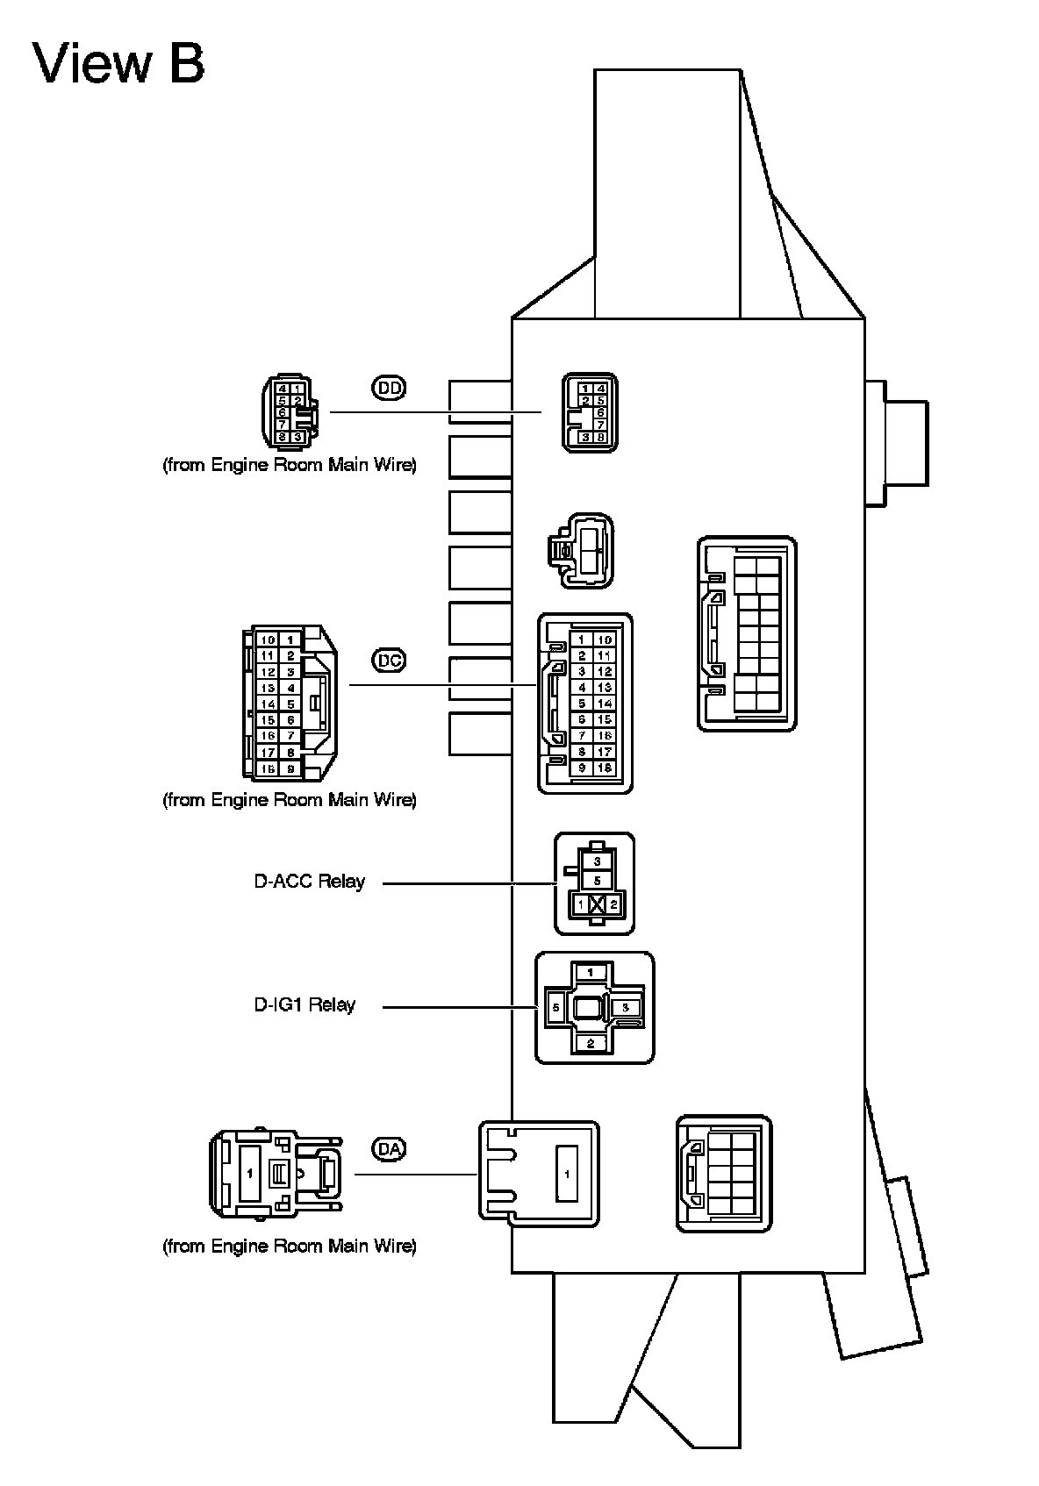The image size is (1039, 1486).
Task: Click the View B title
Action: click(x=118, y=64)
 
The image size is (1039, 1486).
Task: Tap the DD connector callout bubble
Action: click(x=390, y=388)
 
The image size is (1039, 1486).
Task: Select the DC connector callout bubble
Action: click(x=389, y=660)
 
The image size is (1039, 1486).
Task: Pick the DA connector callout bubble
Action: click(x=390, y=1148)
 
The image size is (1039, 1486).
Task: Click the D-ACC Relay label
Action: click(x=309, y=882)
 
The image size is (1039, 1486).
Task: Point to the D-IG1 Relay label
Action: click(x=305, y=1005)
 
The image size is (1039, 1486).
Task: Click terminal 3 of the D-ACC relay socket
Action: click(x=597, y=861)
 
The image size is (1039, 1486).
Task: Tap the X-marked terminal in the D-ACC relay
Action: click(x=597, y=904)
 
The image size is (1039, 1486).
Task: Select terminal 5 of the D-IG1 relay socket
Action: click(x=555, y=1008)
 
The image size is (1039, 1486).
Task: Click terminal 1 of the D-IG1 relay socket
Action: click(x=591, y=972)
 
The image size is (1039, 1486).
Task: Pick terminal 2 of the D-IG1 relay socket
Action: click(x=591, y=1043)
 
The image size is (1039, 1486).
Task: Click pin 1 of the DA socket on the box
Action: click(x=567, y=1174)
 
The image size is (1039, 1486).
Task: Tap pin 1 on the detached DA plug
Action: click(x=250, y=1173)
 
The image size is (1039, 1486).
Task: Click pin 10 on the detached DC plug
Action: click(x=269, y=639)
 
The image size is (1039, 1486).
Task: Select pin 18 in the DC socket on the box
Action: click(x=605, y=768)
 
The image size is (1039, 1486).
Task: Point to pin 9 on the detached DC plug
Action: click(x=290, y=768)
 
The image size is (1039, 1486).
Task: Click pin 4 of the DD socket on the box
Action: click(x=600, y=388)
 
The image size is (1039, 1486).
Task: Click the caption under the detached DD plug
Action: click(x=289, y=465)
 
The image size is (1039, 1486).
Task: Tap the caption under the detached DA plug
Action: click(x=289, y=1246)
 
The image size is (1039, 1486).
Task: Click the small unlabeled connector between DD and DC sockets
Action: click(x=583, y=550)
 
